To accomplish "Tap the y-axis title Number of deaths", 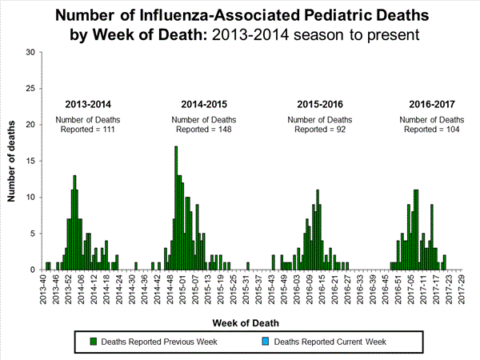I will point(14,161).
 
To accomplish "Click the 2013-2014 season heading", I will point(88,104).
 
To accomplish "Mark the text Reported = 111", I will point(88,129).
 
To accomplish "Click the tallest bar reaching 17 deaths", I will point(176,208).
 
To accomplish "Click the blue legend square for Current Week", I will point(266,342).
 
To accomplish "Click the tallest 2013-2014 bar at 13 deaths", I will point(74,222).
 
